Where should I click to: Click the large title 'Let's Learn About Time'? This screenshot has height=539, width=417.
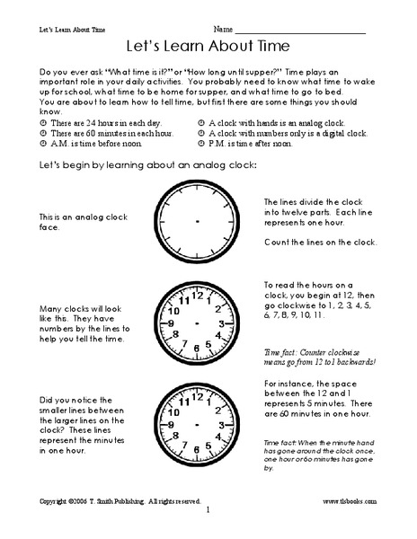click(208, 46)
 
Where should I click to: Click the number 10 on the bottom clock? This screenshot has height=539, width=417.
click(170, 408)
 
